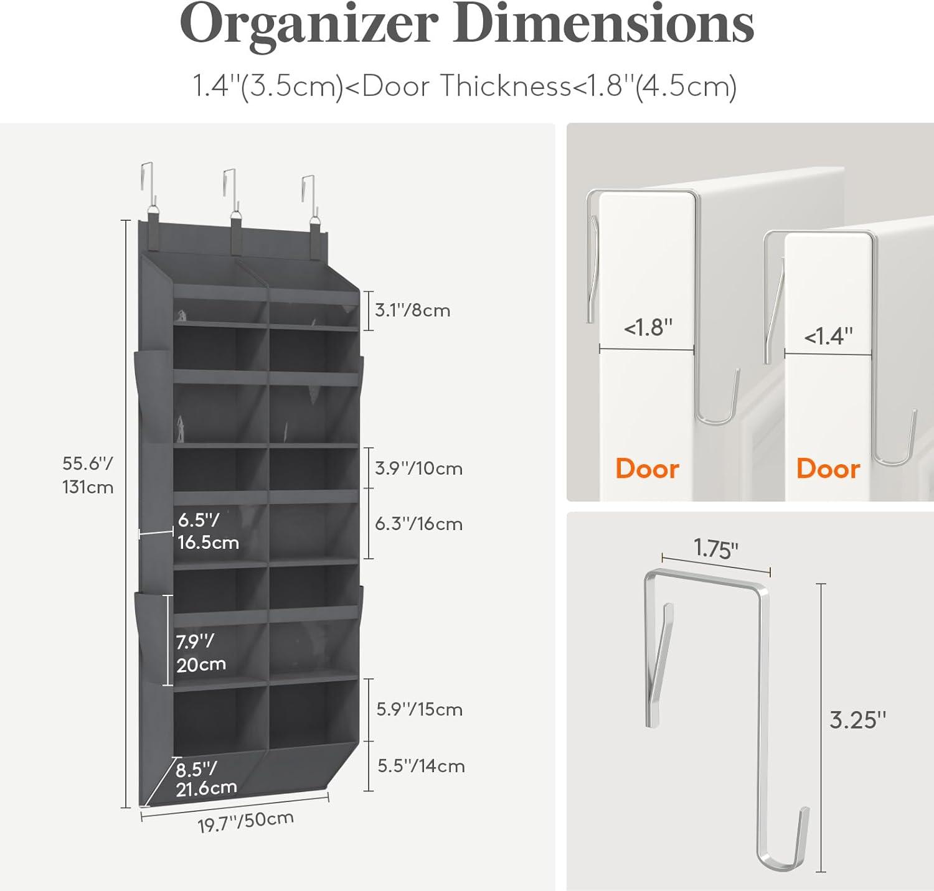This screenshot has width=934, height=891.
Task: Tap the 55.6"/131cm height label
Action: [x=88, y=475]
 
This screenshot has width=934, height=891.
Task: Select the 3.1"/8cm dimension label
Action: [x=412, y=310]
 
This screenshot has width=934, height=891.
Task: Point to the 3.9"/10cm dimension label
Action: [x=418, y=468]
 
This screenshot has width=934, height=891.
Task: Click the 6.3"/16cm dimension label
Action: [x=418, y=523]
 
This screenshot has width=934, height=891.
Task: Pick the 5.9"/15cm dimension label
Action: [x=419, y=709]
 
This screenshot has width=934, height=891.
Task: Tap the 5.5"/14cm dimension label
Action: [x=421, y=765]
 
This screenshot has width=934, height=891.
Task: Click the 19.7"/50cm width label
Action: [x=245, y=822]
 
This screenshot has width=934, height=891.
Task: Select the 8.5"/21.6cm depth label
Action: [x=206, y=778]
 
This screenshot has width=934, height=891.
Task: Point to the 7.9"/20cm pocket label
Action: [x=200, y=653]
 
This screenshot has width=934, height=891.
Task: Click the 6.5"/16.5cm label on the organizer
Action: [x=208, y=531]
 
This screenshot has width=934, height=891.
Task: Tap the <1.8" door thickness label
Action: [x=648, y=327]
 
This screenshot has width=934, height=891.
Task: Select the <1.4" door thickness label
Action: [x=828, y=336]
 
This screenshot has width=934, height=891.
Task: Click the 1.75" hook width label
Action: [x=716, y=549]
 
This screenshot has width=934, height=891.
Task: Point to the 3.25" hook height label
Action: [x=857, y=720]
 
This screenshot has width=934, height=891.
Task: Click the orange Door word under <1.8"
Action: [x=647, y=469]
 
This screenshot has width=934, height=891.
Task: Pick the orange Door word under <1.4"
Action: [x=828, y=469]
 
